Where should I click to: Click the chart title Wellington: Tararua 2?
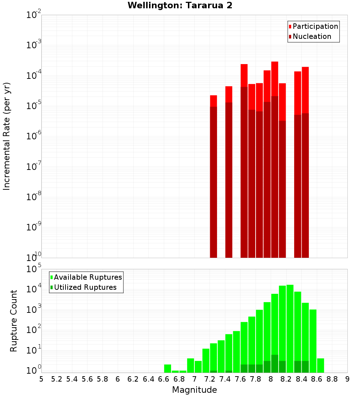[x=180, y=5]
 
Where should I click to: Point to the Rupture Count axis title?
[x=14, y=321]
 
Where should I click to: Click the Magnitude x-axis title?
[x=194, y=390]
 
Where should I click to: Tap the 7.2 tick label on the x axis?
[x=210, y=379]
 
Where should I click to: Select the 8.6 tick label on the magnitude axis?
[x=317, y=379]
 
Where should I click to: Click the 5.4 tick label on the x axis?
[x=72, y=379]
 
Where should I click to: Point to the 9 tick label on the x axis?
[x=347, y=379]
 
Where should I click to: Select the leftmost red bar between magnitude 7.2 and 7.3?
[x=213, y=176]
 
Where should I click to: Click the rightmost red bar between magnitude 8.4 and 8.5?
[x=305, y=162]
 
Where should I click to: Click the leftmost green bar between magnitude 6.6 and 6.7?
[x=167, y=368]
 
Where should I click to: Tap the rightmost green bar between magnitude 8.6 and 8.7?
[x=320, y=365]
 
